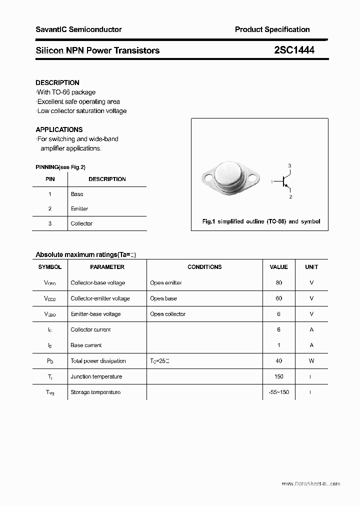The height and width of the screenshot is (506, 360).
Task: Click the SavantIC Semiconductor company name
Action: pyautogui.click(x=78, y=29)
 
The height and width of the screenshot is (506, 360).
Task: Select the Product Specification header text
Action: pyautogui.click(x=272, y=29)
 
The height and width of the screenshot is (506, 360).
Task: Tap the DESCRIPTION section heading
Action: pyautogui.click(x=57, y=82)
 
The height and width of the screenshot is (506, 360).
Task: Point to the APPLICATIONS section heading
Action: pyautogui.click(x=59, y=129)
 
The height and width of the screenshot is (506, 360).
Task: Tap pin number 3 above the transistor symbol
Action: pyautogui.click(x=289, y=166)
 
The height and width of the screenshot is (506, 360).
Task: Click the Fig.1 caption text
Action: pyautogui.click(x=261, y=221)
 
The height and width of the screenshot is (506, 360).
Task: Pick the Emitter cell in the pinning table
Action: pyautogui.click(x=79, y=208)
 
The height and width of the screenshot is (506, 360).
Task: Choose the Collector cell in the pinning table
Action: pyautogui.click(x=81, y=223)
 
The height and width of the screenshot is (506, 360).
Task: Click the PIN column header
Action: pyautogui.click(x=50, y=179)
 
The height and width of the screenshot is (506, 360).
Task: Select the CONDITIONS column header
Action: pyautogui.click(x=204, y=267)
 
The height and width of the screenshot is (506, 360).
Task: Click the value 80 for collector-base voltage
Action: pyautogui.click(x=278, y=282)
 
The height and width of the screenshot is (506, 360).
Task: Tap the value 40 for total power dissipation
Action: pyautogui.click(x=278, y=360)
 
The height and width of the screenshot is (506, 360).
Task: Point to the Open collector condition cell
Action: pyautogui.click(x=167, y=314)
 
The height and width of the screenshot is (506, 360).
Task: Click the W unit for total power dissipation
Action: pyautogui.click(x=311, y=360)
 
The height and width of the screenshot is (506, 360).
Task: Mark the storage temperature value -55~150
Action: pyautogui.click(x=278, y=392)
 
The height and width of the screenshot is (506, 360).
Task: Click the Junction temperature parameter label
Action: pyautogui.click(x=96, y=376)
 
